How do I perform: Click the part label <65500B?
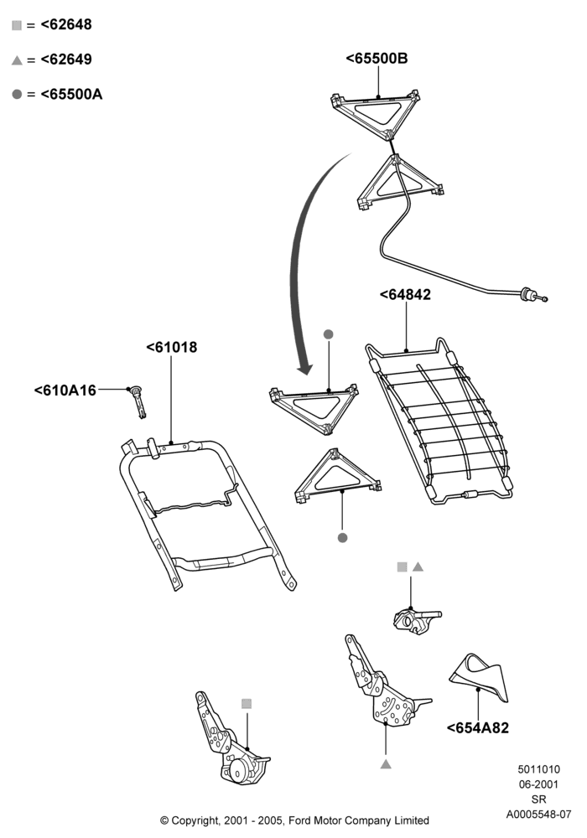point(377,59)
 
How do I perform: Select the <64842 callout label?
point(405,294)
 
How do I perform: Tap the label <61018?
point(172,348)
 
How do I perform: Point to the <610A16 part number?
point(65,391)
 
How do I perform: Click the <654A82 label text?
point(477,728)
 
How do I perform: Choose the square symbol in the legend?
point(17,25)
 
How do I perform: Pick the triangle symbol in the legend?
point(17,60)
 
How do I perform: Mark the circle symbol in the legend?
point(17,95)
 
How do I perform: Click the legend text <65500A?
point(71,95)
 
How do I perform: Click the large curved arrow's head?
point(305,369)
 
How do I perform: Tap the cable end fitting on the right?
point(533,295)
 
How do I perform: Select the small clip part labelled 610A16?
point(138,401)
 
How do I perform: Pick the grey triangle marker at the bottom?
point(386,765)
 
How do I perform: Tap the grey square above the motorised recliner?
point(247,704)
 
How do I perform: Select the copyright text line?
point(294,820)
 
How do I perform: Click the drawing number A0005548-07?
point(539,815)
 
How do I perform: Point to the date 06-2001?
point(539,784)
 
